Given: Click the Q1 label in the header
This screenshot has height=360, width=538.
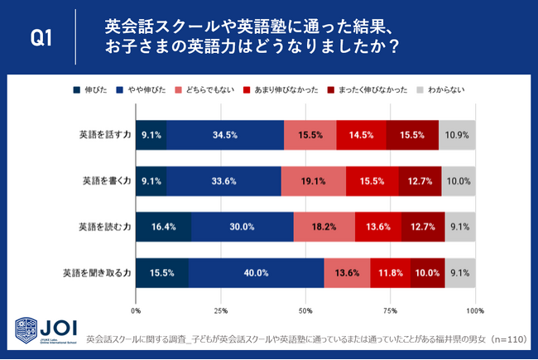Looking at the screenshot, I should click(x=41, y=37).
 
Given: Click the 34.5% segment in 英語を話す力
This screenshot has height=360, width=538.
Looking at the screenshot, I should click(x=225, y=134).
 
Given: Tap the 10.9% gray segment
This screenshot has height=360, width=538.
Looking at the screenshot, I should click(x=457, y=134).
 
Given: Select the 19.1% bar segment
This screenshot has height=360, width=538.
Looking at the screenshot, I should click(x=314, y=180).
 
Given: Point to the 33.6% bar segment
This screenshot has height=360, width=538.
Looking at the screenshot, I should click(x=224, y=180).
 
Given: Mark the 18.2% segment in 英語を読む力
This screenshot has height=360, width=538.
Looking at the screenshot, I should click(x=324, y=225).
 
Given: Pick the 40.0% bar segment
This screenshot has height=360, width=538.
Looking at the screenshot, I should click(x=257, y=271).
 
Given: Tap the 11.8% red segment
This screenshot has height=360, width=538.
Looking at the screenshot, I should click(x=390, y=271).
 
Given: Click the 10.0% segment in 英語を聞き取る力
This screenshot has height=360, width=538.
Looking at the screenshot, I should click(x=427, y=271).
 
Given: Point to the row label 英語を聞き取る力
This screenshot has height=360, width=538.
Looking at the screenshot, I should click(x=96, y=271).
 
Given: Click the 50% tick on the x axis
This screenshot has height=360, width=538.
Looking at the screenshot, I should click(x=305, y=311).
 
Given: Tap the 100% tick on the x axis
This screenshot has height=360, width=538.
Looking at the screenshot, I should click(x=473, y=311).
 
